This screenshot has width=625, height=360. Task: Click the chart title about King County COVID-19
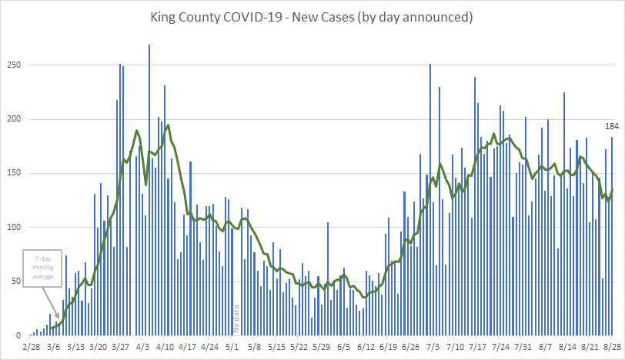[312, 15]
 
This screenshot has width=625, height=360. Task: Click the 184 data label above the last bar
[612, 126]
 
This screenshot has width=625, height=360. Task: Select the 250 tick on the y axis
[12, 65]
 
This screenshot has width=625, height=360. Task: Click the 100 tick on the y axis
[12, 228]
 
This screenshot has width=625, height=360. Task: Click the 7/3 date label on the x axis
[433, 348]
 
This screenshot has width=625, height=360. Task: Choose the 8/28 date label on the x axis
[611, 348]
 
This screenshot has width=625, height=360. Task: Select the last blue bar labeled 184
[612, 238]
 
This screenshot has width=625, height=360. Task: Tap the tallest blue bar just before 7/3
[430, 200]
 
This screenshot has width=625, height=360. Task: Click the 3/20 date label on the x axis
[98, 348]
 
